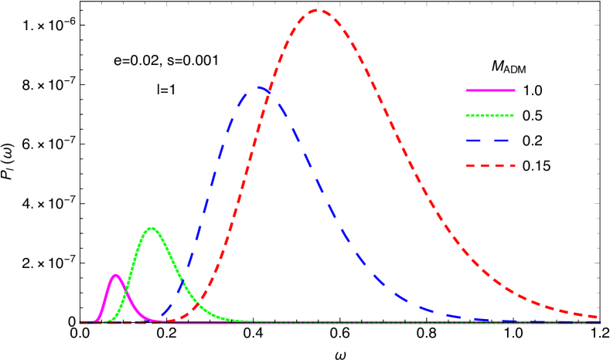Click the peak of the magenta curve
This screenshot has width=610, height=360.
[x=116, y=275]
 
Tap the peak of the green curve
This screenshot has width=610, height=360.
[x=152, y=228]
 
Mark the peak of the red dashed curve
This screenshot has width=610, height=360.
[x=317, y=10]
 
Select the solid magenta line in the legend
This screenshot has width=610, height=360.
[x=490, y=90]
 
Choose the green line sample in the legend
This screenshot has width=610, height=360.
[x=490, y=116]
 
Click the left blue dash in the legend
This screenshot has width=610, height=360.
[x=474, y=141]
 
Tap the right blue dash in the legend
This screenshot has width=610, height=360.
[x=500, y=141]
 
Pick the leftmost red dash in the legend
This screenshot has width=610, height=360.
[x=469, y=165]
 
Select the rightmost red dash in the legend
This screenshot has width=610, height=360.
[x=510, y=165]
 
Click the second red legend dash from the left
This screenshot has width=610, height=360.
[x=483, y=165]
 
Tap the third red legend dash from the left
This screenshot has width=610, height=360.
[x=497, y=165]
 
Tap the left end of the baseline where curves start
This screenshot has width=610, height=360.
[x=80, y=322]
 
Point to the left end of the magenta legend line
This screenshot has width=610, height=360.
[x=466, y=90]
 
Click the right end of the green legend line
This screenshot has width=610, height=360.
[x=514, y=116]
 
